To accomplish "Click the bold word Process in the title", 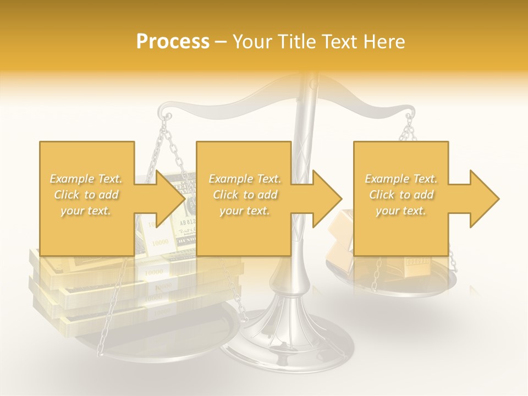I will click(173, 42).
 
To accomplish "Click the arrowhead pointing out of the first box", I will click(170, 199).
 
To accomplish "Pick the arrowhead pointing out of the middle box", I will click(327, 199).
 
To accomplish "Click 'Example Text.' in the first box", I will click(86, 179).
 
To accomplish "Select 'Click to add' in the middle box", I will click(244, 195).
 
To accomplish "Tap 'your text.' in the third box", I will click(401, 211).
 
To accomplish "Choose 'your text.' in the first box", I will click(86, 211).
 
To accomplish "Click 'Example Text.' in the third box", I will click(401, 179).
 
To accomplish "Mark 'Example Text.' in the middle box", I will click(244, 179).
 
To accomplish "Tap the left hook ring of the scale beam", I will click(167, 117).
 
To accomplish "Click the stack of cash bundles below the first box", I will click(82, 286).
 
